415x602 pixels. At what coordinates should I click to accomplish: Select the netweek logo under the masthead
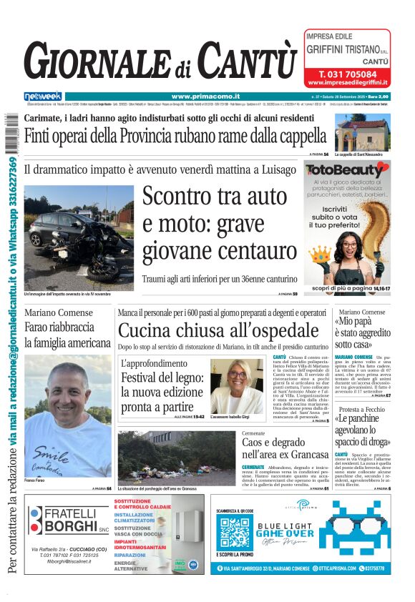pyautogui.click(x=43, y=97)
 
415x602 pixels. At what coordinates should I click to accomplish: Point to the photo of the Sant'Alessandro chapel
pyautogui.click(x=363, y=132)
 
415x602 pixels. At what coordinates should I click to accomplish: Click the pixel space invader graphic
pyautogui.click(x=355, y=530)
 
